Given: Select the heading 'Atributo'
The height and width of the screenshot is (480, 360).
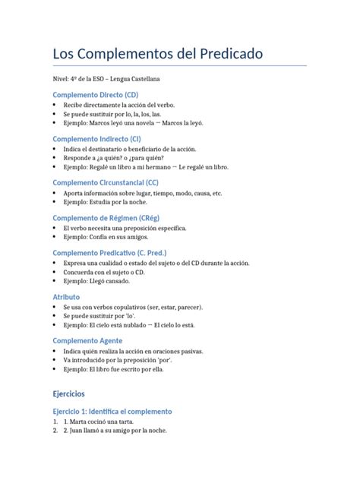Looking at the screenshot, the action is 65,297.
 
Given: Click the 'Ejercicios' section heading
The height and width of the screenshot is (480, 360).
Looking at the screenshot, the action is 69,394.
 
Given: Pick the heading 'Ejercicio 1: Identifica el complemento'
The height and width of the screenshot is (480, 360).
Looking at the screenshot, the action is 112,412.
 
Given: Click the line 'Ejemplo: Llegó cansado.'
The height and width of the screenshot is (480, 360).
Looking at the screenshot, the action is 96,281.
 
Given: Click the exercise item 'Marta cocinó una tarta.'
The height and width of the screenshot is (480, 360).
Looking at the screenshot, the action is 105,422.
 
